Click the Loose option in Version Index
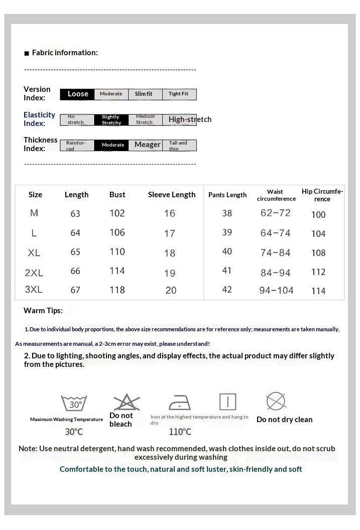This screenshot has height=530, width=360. click(x=78, y=94)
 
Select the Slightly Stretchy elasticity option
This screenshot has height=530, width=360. click(x=111, y=119)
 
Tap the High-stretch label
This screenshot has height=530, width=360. click(x=190, y=119)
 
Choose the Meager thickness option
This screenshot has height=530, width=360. click(x=147, y=145)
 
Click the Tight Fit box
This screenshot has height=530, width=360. click(x=179, y=94)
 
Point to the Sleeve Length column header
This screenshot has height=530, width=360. click(x=172, y=195)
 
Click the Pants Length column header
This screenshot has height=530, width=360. click(x=227, y=195)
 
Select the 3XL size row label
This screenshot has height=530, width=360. click(x=34, y=290)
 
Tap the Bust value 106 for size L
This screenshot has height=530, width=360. click(x=117, y=232)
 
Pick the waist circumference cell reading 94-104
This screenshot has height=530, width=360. click(x=276, y=290)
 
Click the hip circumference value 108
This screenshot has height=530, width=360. click(x=318, y=253)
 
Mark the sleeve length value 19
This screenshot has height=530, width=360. click(x=170, y=273)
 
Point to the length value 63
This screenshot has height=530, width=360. click(x=75, y=214)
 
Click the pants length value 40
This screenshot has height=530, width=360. click(x=227, y=251)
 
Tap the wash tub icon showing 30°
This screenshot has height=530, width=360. click(x=74, y=404)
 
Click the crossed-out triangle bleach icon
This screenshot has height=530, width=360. click(x=127, y=402)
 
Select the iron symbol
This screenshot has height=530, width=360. click(x=179, y=403)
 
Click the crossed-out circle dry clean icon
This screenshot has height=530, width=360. click(x=276, y=402)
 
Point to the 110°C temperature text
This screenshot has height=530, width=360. click(x=180, y=432)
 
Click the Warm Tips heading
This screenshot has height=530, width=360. click(x=43, y=311)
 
